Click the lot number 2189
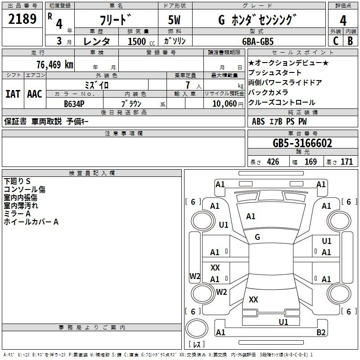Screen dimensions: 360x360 22,19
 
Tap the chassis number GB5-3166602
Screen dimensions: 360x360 302,144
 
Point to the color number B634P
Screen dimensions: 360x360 74,103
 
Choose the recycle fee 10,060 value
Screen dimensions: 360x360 221,103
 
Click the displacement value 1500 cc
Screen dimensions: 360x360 140,41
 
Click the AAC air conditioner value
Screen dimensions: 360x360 34,94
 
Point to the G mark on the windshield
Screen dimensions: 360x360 257,237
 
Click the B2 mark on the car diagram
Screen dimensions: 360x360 321,333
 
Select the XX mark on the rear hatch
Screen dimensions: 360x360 253,299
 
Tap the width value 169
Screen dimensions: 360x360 310,162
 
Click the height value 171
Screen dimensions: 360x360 346,162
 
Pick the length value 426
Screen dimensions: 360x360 273,162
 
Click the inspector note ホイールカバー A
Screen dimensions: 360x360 31,222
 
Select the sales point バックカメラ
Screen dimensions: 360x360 268,92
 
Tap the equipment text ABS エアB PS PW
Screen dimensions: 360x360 279,121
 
